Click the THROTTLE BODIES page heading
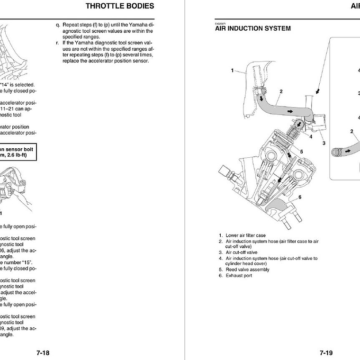[x=119, y=6]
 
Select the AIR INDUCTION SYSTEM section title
[x=253, y=28]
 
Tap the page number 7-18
[x=43, y=353]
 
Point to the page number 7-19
[x=326, y=353]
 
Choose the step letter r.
[x=57, y=43]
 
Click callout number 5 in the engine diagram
[x=301, y=152]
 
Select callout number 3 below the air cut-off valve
[x=324, y=143]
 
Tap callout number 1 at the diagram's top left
[x=232, y=71]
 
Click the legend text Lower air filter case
[x=245, y=235]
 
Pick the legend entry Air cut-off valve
[x=241, y=252]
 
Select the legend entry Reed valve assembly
[x=247, y=270]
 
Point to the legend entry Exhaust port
[x=239, y=275]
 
